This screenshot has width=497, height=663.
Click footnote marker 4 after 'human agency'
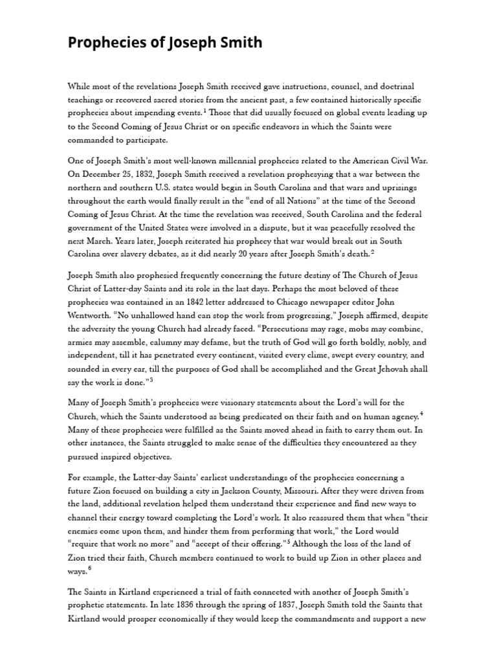coord(421,413)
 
